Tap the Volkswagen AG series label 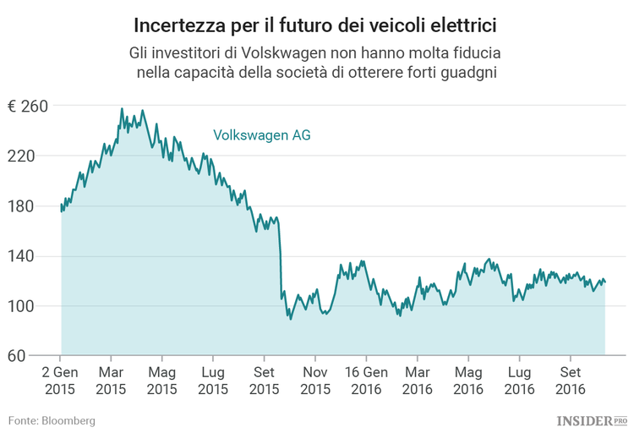[261, 134]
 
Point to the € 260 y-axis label [27, 107]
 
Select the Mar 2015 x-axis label [111, 381]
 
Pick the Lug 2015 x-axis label [213, 381]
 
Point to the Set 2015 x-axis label [264, 381]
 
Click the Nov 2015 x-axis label [315, 381]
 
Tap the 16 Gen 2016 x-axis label [366, 381]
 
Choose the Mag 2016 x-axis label [468, 381]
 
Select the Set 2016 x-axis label [571, 381]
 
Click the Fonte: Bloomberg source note [52, 420]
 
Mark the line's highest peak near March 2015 [122, 109]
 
